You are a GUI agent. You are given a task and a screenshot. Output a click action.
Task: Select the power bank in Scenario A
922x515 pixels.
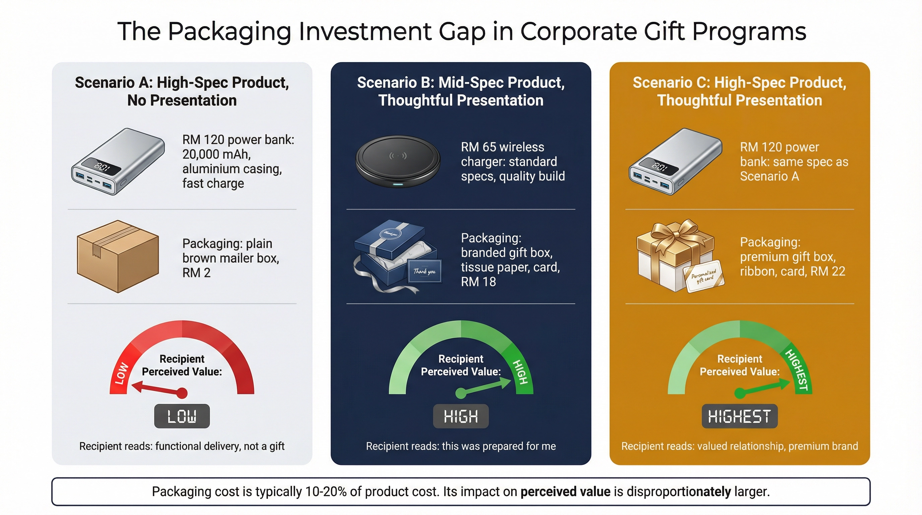118,162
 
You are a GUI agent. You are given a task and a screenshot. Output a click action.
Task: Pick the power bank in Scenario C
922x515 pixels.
676,162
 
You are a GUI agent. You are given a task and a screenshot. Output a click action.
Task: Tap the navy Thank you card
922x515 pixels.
424,271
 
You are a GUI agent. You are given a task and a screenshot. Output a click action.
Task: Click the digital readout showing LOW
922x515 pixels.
182,416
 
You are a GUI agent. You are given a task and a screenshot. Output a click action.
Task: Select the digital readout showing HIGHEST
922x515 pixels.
739,416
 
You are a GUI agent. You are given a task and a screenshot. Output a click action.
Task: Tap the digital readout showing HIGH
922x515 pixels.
461,416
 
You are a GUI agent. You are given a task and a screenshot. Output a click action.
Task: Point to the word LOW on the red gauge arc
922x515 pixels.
121,373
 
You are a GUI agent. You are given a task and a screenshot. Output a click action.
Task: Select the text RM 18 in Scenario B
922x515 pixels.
478,282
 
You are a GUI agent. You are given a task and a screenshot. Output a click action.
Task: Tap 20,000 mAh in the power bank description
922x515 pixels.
216,154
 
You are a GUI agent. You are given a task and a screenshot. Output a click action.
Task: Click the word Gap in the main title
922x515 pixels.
462,32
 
